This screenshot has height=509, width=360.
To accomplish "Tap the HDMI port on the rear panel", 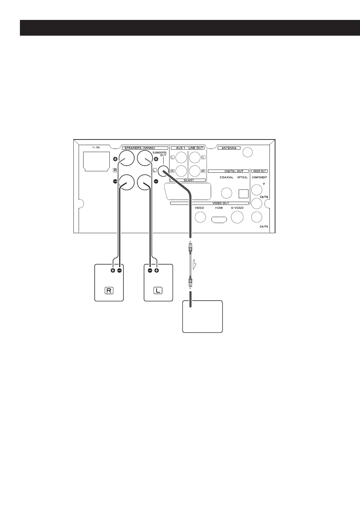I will point(219,219).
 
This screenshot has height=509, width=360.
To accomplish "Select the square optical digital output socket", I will point(243,193).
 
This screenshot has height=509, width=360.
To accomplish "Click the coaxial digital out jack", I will point(226,193).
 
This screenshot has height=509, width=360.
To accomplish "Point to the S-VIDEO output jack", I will point(238,217).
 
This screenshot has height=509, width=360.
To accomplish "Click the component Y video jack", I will point(257,190).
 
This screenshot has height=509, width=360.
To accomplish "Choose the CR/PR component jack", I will point(257,217).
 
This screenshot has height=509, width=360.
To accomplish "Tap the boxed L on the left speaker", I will point(158,291).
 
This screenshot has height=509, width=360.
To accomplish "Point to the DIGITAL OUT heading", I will point(228,171).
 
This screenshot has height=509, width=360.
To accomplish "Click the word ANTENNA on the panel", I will point(229,148).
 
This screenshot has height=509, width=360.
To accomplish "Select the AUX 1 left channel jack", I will point(181,158).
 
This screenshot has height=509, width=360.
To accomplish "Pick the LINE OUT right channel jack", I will point(194,171).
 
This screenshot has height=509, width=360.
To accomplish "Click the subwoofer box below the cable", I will point(203,316).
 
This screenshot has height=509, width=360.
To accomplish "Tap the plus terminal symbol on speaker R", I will point(113,271).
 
